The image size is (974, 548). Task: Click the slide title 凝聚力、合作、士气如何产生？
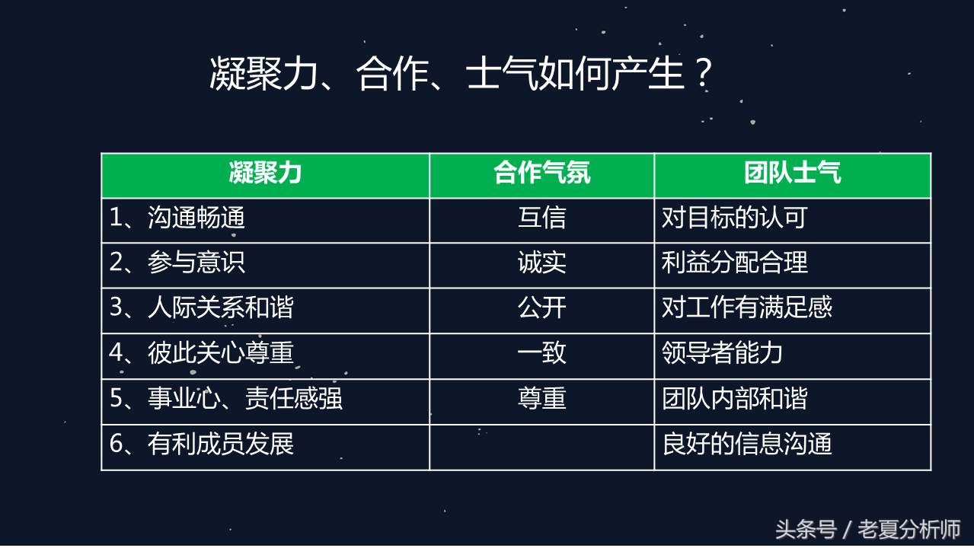tap(461, 75)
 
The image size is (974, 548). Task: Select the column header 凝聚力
tap(265, 174)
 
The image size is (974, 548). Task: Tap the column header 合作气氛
tap(541, 174)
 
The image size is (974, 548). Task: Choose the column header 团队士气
tap(792, 174)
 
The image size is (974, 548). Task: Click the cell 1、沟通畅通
tap(177, 219)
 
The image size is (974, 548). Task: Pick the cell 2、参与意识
tap(177, 263)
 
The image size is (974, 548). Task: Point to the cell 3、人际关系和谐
tap(202, 308)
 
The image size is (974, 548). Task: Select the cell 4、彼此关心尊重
tap(202, 353)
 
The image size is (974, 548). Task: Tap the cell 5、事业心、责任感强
tap(226, 399)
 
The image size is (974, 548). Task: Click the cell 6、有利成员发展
tap(202, 444)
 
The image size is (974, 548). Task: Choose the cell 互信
tap(541, 219)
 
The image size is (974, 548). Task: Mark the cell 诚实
tap(541, 263)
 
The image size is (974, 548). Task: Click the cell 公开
tap(541, 308)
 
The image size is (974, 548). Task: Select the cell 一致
tap(541, 353)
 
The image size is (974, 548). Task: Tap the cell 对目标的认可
tap(734, 219)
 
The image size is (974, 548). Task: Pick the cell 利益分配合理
tap(734, 263)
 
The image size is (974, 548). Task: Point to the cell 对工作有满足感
tap(746, 308)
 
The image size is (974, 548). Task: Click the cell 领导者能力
tap(722, 353)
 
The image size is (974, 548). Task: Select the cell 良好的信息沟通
tap(746, 444)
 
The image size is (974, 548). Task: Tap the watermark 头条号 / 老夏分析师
tap(867, 529)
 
